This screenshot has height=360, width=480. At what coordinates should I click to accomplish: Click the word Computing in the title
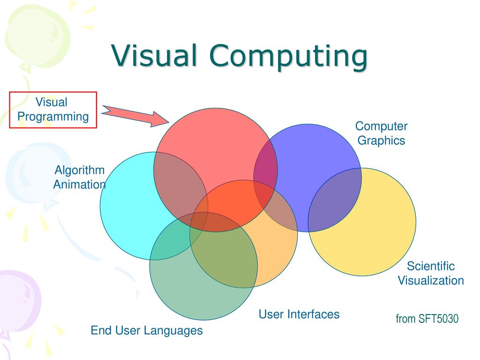[x=288, y=57]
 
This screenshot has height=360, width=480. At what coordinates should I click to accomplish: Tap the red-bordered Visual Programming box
[x=53, y=110]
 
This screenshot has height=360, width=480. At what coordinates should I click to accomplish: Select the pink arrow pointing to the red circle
[x=135, y=116]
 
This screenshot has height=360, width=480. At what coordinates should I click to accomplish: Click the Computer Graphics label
[x=381, y=133]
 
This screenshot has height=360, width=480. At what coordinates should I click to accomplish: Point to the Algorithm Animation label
[x=79, y=177]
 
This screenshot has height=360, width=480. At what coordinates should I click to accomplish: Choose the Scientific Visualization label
[x=431, y=273]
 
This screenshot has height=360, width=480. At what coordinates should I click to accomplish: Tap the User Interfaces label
[x=299, y=315]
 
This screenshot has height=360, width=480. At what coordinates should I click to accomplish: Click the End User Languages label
[x=147, y=330]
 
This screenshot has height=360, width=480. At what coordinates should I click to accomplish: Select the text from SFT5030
[x=427, y=319]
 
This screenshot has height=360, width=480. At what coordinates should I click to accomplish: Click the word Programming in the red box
[x=53, y=117]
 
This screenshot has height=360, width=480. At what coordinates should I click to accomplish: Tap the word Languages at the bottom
[x=173, y=331]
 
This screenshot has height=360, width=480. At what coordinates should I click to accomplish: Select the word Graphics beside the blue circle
[x=381, y=141]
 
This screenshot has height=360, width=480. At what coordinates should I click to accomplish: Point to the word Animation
[x=79, y=185]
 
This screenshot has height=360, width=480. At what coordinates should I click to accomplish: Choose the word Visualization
[x=431, y=281]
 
